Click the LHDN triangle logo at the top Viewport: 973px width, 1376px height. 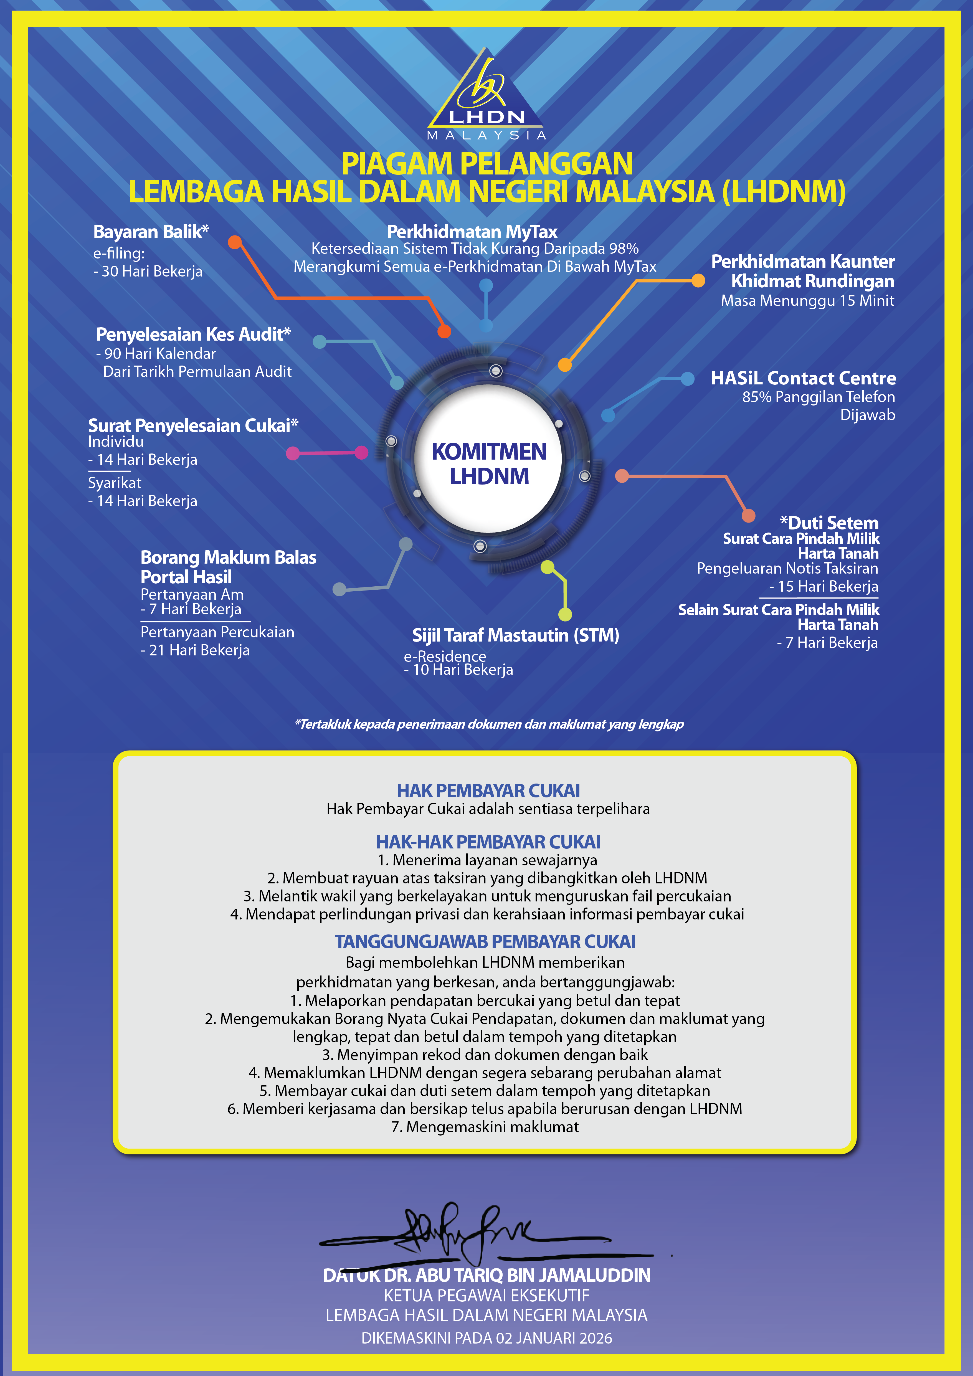pyautogui.click(x=486, y=95)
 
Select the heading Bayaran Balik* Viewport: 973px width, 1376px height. pyautogui.click(x=151, y=232)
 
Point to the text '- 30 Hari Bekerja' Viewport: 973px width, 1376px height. pyautogui.click(x=148, y=272)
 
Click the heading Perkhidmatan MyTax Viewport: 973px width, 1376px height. pyautogui.click(x=472, y=232)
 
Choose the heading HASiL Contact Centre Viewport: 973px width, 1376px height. pyautogui.click(x=804, y=378)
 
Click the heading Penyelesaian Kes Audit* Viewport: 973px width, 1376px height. pyautogui.click(x=193, y=335)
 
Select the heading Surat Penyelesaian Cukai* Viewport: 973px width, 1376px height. pyautogui.click(x=193, y=425)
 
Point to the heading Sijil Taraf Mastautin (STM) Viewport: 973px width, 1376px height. pyautogui.click(x=515, y=635)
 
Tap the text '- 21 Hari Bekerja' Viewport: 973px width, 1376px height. pyautogui.click(x=195, y=650)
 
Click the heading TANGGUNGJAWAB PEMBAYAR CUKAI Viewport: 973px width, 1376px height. pyautogui.click(x=485, y=941)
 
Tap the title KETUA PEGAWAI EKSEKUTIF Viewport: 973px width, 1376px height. pyautogui.click(x=486, y=1296)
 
